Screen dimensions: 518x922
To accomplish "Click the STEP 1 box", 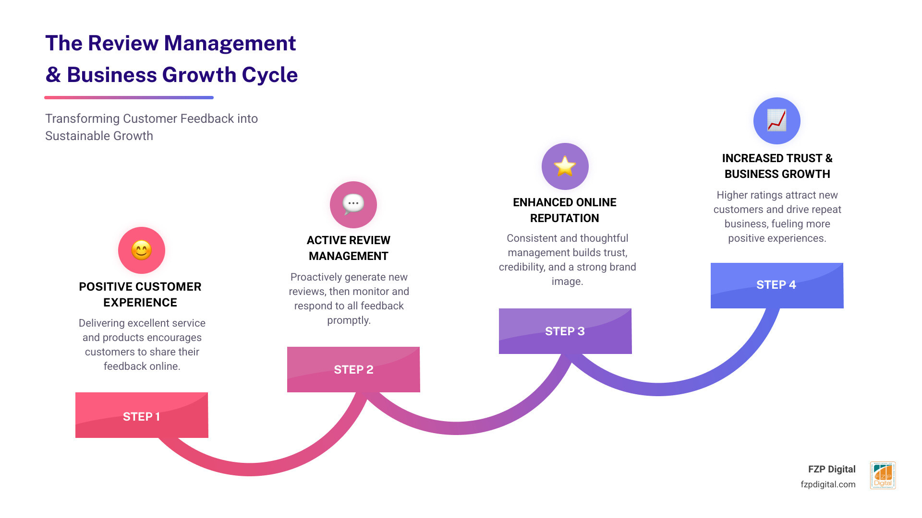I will [x=142, y=415].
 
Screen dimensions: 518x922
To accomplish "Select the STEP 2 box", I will [x=353, y=369].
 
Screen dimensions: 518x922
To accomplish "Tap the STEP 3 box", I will [x=565, y=331].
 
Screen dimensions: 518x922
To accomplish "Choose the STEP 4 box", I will [x=776, y=285].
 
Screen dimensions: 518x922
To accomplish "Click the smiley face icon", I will [x=142, y=250].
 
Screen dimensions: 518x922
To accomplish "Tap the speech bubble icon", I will [x=353, y=204].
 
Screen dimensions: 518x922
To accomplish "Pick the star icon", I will [x=565, y=166].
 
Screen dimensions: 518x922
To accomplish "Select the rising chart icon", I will [x=776, y=120].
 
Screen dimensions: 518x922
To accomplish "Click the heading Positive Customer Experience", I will [x=140, y=294].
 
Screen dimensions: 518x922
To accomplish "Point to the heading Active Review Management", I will [x=349, y=248].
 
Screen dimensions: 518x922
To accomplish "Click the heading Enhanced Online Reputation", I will [x=565, y=210].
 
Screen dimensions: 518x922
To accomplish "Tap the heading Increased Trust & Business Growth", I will [x=777, y=166].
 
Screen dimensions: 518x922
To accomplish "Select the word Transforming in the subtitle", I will [x=82, y=118].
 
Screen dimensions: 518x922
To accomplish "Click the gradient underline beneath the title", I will [x=129, y=97].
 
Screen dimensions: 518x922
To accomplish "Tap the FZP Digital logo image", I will [x=883, y=475].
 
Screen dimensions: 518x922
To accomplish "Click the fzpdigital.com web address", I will [x=828, y=484].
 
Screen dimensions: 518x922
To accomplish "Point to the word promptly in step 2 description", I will [x=349, y=320].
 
